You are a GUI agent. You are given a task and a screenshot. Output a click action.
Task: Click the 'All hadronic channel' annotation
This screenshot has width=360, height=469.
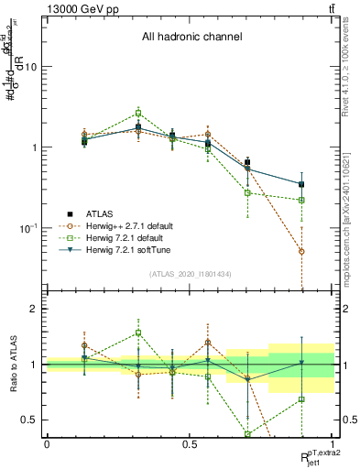(191, 38)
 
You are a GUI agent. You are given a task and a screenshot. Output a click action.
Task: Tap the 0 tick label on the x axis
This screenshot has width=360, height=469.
(47, 444)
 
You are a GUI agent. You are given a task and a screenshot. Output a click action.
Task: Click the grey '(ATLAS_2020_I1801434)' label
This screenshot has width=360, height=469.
(190, 274)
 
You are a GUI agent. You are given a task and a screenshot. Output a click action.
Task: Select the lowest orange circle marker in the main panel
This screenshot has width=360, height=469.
(301, 251)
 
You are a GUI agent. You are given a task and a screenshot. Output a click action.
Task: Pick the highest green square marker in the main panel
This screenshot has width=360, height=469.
(138, 113)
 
